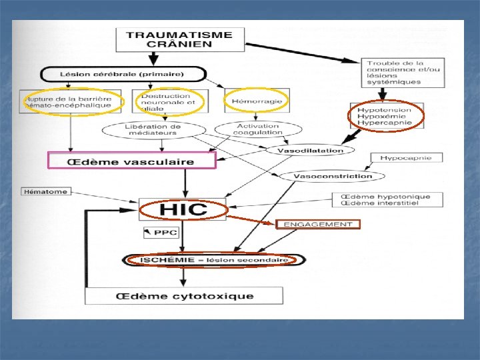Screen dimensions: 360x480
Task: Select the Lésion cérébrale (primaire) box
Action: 124,74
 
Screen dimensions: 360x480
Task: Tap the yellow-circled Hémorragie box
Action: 257,101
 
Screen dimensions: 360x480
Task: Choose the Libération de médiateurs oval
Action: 152,129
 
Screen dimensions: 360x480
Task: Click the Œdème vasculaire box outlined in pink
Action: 131,161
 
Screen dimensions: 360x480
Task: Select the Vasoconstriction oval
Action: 331,176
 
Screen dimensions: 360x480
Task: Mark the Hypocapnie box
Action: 405,159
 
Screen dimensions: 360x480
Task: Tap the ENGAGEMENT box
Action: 318,225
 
